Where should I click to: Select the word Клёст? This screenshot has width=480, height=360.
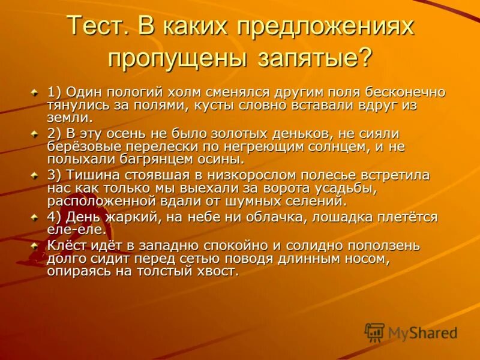point(65,245)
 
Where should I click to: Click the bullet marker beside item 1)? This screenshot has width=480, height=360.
point(35,92)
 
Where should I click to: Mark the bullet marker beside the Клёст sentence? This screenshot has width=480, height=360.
point(35,245)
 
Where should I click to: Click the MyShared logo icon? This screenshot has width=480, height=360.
point(375,332)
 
